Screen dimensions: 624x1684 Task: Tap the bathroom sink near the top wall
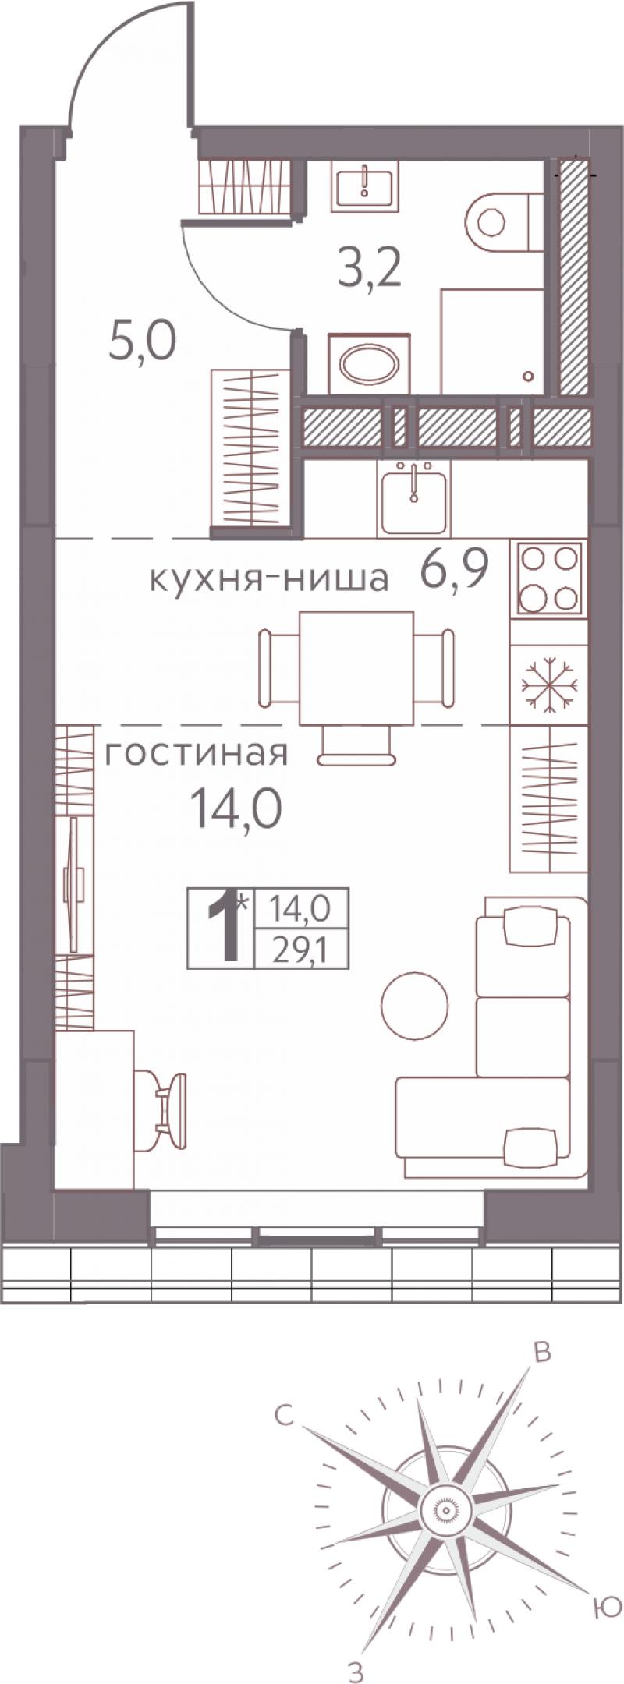click(365, 186)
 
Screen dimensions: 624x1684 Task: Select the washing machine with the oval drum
click(369, 364)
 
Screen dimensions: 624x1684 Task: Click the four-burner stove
click(549, 578)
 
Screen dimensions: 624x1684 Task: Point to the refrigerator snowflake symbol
click(549, 685)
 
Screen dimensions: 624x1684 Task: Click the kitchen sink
click(413, 496)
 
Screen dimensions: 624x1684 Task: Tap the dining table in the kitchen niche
click(357, 667)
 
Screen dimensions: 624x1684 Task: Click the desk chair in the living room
click(161, 1110)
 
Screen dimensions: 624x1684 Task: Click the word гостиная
click(197, 753)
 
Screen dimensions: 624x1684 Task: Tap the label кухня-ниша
click(269, 579)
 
